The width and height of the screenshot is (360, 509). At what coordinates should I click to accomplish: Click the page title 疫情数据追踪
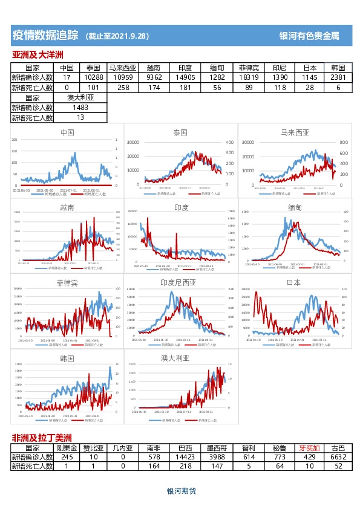tap(45, 35)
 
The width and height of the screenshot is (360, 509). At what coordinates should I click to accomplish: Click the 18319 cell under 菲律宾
tap(249, 78)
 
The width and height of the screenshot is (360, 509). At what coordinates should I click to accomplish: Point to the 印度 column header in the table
tap(185, 68)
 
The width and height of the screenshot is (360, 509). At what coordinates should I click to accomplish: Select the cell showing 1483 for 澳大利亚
tap(80, 108)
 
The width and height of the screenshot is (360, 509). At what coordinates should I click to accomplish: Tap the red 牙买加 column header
tap(309, 449)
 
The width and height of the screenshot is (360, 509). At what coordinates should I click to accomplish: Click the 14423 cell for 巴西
tap(181, 458)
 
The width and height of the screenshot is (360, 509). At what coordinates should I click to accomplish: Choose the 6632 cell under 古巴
tap(338, 458)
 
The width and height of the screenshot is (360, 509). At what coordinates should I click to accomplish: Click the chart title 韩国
tap(67, 358)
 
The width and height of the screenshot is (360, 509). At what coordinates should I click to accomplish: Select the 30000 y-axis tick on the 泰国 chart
tap(133, 142)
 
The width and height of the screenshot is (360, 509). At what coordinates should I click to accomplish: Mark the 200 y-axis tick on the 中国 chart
tap(15, 140)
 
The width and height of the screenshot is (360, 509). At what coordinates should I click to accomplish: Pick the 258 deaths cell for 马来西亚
tap(123, 88)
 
